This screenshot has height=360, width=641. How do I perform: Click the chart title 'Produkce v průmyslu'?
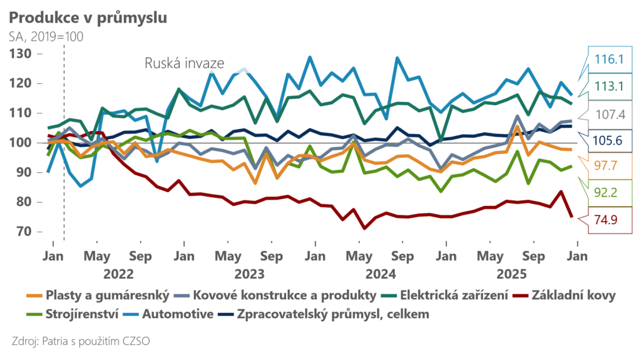pos(88,17)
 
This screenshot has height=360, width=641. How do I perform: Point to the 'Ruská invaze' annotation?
pos(184,63)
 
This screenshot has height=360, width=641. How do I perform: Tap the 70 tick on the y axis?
pos(26,232)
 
